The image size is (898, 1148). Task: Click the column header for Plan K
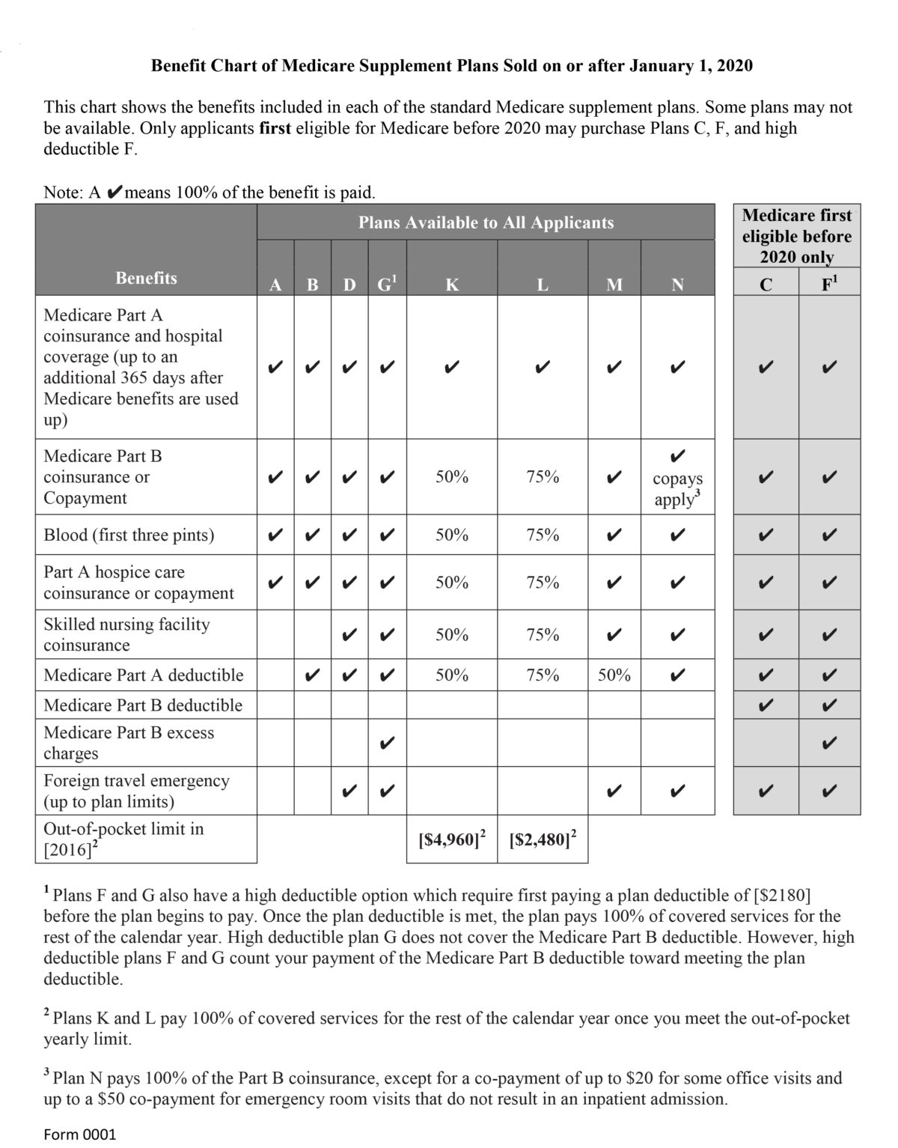(x=452, y=285)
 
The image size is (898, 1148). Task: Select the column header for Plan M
(x=614, y=285)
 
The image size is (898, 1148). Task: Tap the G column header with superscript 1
(x=386, y=285)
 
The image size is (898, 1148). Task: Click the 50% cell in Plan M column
(x=614, y=675)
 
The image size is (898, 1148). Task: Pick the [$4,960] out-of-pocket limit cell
(x=451, y=839)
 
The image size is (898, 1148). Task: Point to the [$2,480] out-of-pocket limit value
(x=542, y=839)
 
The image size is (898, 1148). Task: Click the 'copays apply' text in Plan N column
(x=677, y=489)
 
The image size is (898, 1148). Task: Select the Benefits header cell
(x=146, y=278)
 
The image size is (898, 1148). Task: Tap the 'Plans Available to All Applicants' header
(x=486, y=222)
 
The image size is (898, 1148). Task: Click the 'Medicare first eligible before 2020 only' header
(x=796, y=236)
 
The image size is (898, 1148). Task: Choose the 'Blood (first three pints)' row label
(x=129, y=535)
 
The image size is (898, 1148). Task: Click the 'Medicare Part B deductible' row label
(x=143, y=705)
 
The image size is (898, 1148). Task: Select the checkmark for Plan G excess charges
(x=387, y=744)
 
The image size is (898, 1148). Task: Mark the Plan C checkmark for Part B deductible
(x=765, y=705)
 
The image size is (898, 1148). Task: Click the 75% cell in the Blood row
(x=542, y=535)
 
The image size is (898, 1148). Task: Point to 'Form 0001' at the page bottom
(x=80, y=1134)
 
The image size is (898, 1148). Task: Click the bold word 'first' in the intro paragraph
(x=275, y=128)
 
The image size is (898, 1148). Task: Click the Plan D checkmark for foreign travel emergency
(x=349, y=791)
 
